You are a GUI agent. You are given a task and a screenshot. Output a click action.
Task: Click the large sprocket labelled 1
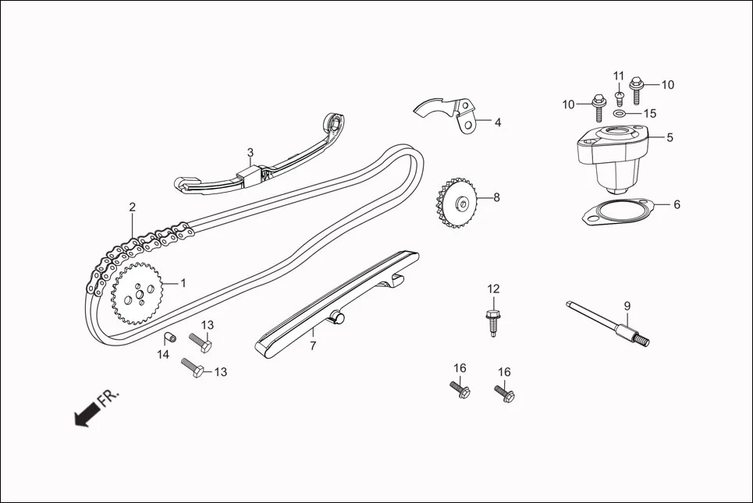[136, 293]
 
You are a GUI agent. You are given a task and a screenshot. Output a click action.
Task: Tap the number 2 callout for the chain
[133, 207]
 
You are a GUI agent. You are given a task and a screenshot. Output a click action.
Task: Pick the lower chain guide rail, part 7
[336, 304]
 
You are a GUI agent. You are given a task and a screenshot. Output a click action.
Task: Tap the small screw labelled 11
[619, 97]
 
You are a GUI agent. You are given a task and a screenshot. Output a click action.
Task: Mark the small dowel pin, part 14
[168, 338]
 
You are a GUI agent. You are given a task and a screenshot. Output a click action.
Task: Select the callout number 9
[627, 306]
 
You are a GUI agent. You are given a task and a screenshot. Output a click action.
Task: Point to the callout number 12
[493, 289]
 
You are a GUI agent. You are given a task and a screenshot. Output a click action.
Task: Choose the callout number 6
[677, 204]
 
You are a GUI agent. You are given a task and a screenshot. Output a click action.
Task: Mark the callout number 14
[163, 355]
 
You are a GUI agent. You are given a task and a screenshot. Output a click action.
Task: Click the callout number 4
[497, 122]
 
